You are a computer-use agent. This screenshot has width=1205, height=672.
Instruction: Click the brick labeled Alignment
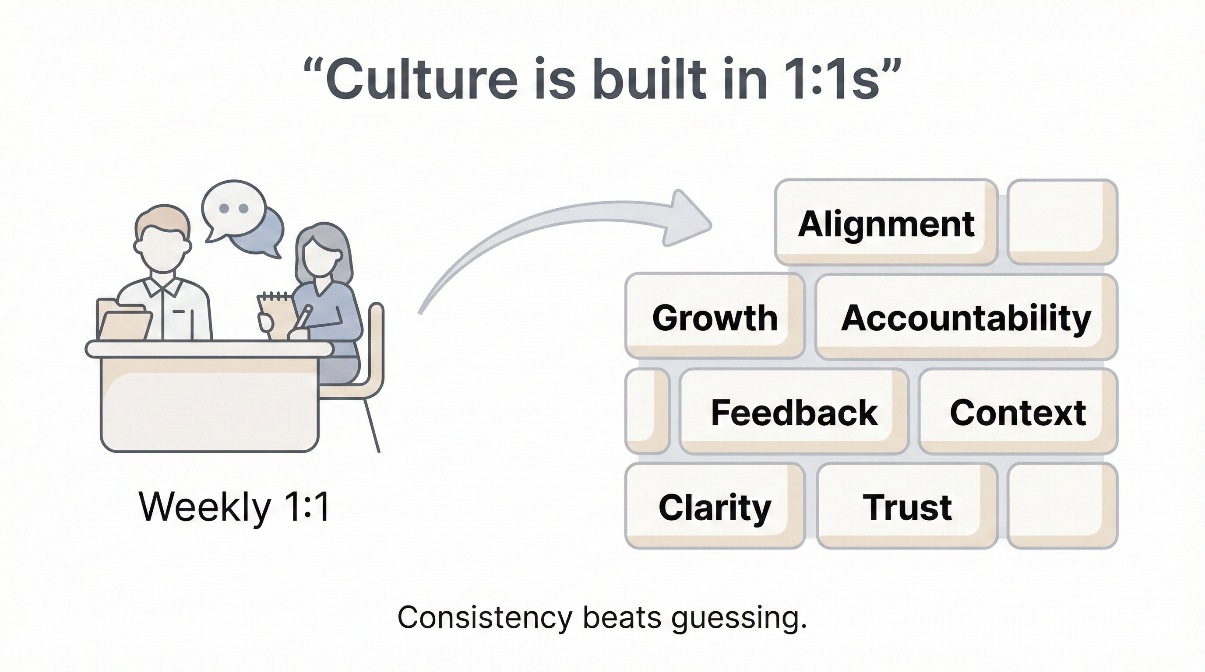click(x=886, y=223)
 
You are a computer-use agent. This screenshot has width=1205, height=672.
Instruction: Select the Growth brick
click(x=715, y=317)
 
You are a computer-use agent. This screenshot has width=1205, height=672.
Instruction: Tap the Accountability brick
click(x=966, y=317)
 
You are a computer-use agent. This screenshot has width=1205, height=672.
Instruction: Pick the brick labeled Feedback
click(x=794, y=412)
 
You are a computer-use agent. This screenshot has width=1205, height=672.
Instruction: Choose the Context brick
click(x=1018, y=412)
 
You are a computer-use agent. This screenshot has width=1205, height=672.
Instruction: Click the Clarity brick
click(x=715, y=506)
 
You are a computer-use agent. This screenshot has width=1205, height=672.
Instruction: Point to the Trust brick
click(x=906, y=506)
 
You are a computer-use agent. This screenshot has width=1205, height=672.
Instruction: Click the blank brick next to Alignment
click(x=1062, y=222)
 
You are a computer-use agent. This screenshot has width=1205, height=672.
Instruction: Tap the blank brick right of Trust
click(x=1062, y=506)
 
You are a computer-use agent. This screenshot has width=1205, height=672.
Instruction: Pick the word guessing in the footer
click(x=739, y=618)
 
